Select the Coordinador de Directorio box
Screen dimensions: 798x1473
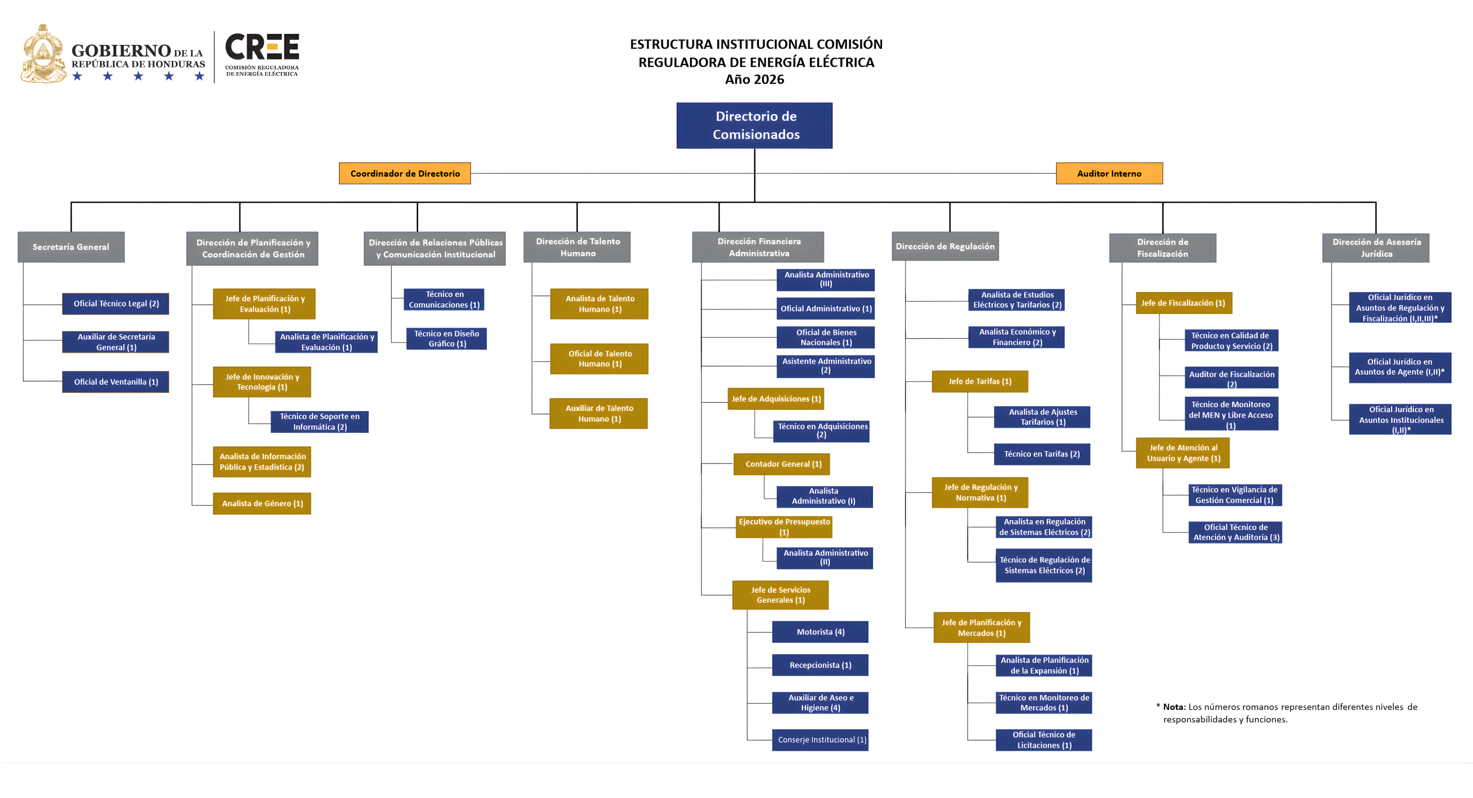(405, 173)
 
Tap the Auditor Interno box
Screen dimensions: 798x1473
(1109, 173)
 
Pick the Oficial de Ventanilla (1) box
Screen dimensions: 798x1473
(116, 381)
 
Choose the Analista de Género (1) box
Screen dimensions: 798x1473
(262, 503)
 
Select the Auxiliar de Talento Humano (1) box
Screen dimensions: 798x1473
(599, 413)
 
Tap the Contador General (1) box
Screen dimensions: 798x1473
(782, 464)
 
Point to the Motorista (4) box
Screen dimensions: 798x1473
(820, 631)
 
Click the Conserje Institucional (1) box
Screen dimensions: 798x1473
(820, 740)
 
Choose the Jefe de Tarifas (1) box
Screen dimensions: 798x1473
(980, 381)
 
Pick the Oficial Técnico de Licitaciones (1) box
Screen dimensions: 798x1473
(1044, 740)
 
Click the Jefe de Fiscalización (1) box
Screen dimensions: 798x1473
(1183, 303)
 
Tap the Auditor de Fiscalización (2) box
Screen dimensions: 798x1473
(1231, 378)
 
